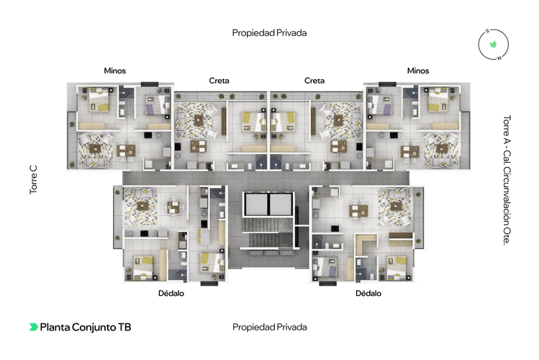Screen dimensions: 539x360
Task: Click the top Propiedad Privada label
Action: (x=269, y=33)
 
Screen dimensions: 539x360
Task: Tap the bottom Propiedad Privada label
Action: (x=269, y=327)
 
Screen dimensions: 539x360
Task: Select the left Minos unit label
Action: (x=115, y=71)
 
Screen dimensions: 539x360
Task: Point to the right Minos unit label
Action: (x=418, y=71)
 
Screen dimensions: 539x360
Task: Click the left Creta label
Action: (x=219, y=81)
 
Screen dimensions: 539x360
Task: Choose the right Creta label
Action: (x=314, y=81)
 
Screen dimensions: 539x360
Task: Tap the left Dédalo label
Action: (x=171, y=293)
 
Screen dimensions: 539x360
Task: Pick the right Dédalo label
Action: (x=368, y=293)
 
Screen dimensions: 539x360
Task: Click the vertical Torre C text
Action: (x=33, y=180)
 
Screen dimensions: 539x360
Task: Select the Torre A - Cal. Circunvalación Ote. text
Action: (x=507, y=180)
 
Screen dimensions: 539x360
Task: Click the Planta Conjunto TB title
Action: (x=86, y=327)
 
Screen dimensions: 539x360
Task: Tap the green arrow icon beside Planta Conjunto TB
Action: (x=33, y=327)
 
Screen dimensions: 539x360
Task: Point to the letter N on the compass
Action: (x=499, y=58)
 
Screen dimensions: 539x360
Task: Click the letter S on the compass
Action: (x=487, y=31)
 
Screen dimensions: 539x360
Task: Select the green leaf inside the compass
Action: (x=493, y=44)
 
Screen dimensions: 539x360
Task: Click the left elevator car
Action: (x=255, y=204)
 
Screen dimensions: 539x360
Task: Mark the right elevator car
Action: (x=281, y=204)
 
